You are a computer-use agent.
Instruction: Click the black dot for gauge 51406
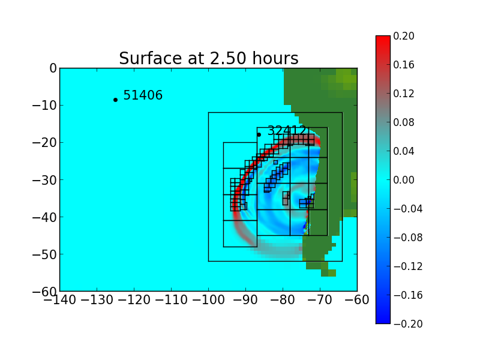point(115,100)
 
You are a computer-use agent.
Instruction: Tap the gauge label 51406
point(143,95)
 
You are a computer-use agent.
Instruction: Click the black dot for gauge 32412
point(259,134)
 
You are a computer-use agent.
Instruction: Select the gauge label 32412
point(287,131)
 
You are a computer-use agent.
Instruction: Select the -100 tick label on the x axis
point(208,299)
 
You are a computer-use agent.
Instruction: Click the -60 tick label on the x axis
point(357,299)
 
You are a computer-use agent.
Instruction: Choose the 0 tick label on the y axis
point(53,68)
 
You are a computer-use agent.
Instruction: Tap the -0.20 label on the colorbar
point(406,324)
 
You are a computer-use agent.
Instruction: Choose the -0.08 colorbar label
point(406,238)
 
